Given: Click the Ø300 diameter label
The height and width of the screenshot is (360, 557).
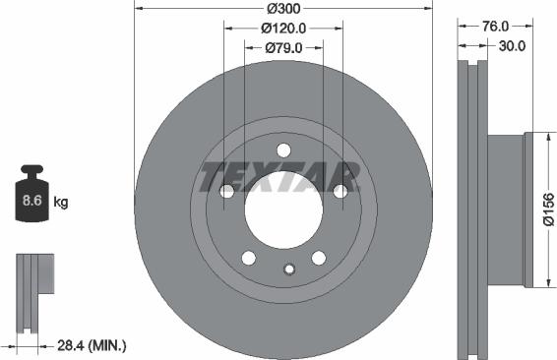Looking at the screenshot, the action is click(x=283, y=9).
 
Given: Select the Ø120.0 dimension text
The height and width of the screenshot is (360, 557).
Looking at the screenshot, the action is click(x=283, y=29).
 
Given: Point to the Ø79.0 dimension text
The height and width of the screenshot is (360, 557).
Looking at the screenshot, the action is click(x=283, y=47).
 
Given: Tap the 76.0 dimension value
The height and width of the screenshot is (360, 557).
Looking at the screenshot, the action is click(x=495, y=26).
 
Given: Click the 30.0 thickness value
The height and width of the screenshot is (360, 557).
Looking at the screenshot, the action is click(x=512, y=46).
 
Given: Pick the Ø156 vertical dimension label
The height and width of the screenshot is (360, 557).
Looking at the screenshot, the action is click(x=548, y=210).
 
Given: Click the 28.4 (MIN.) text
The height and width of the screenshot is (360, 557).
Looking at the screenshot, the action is click(x=92, y=345).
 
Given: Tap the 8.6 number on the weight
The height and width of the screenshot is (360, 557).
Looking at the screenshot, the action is click(x=32, y=201).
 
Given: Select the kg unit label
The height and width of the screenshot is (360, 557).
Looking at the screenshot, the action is click(x=61, y=203).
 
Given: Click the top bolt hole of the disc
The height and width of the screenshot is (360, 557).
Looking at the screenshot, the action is click(x=283, y=150).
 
